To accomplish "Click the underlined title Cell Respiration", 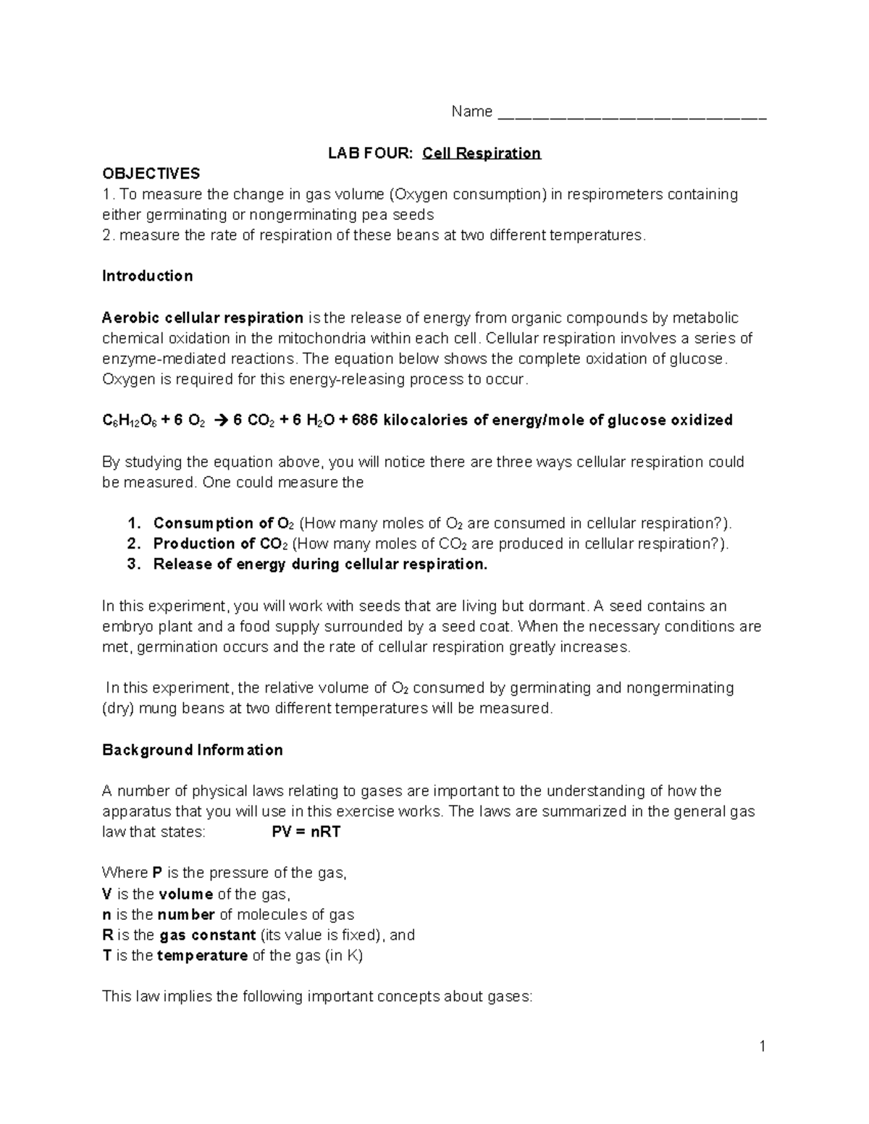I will pos(482,153).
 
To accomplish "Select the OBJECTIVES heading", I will pos(151,174).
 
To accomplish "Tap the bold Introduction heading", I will pos(148,276).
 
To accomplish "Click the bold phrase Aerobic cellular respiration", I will pos(203,318).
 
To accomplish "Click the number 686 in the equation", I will pos(364,421).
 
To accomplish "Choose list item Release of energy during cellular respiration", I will pos(320,565).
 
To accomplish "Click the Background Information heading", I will pos(192,750).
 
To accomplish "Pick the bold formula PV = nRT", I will pos(306,832).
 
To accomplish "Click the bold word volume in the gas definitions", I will pos(185,894).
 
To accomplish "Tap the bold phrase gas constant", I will pos(208,935).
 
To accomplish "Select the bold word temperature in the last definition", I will pos(202,955).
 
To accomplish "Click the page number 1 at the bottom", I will pos(763,1046).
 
